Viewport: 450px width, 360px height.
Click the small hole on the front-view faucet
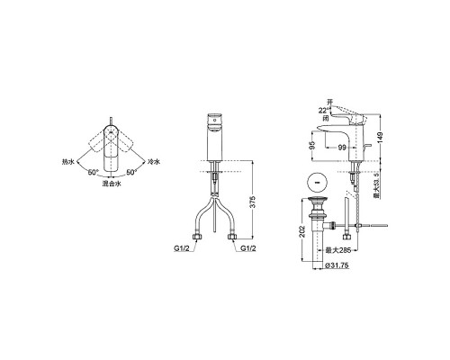click(x=216, y=117)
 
